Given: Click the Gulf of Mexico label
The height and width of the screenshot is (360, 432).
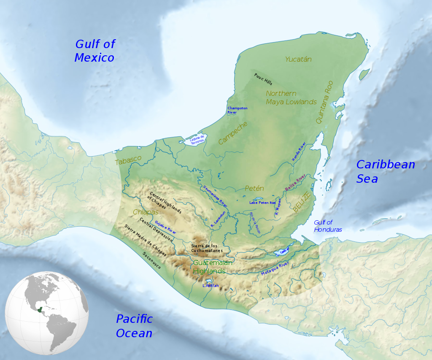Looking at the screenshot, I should pyautogui.click(x=94, y=51).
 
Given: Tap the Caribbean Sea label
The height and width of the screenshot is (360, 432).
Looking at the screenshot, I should pyautogui.click(x=385, y=171).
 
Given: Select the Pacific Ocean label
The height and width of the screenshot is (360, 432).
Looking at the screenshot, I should pyautogui.click(x=134, y=326).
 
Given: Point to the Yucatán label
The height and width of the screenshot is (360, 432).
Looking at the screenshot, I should pyautogui.click(x=298, y=60).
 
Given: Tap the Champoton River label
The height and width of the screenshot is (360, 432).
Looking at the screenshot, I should pyautogui.click(x=237, y=110).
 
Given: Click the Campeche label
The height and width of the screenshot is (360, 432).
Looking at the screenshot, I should pyautogui.click(x=233, y=133).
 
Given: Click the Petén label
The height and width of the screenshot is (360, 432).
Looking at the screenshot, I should pyautogui.click(x=254, y=189).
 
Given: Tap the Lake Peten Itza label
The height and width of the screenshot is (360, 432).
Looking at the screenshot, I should pyautogui.click(x=262, y=203).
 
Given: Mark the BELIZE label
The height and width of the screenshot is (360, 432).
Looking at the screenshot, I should pyautogui.click(x=302, y=203).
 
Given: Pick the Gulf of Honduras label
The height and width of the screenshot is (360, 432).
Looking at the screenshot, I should pyautogui.click(x=327, y=226).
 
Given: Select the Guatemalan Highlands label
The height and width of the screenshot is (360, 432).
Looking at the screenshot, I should pyautogui.click(x=213, y=267).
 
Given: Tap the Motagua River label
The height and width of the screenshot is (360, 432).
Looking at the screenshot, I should pyautogui.click(x=275, y=269).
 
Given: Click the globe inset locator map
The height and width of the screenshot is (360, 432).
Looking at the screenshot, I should pyautogui.click(x=46, y=313).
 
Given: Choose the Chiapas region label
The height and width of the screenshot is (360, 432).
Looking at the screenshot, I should pyautogui.click(x=146, y=212).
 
